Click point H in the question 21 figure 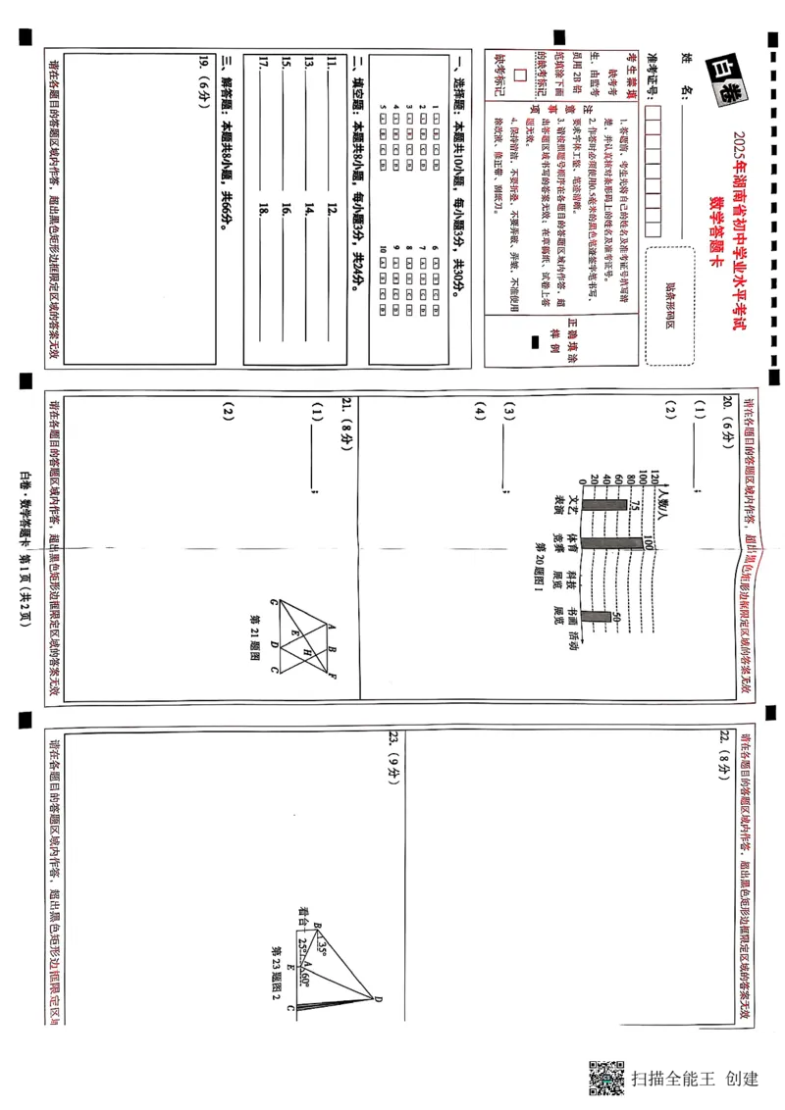click(x=306, y=651)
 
